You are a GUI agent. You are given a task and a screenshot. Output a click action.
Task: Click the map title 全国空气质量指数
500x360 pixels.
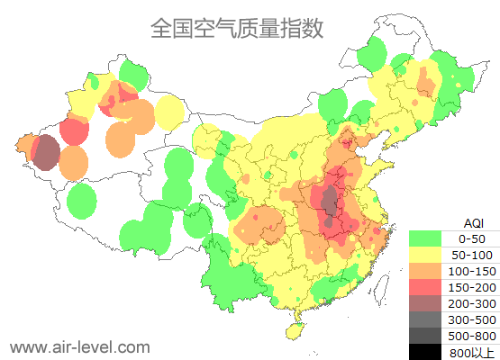237,29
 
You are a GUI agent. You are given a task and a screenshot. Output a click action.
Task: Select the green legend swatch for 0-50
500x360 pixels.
424,238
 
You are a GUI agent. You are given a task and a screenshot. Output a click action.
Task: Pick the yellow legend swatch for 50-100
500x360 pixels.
424,255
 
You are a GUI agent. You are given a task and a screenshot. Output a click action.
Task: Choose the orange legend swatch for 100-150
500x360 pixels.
424,271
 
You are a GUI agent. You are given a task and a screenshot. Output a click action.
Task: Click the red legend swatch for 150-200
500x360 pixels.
424,287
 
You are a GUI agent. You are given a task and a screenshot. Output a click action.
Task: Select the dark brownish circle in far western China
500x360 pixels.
46,152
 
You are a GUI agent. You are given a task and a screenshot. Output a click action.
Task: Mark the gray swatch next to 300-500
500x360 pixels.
424,319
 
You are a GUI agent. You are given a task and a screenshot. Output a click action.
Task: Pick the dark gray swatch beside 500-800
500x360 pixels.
424,336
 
